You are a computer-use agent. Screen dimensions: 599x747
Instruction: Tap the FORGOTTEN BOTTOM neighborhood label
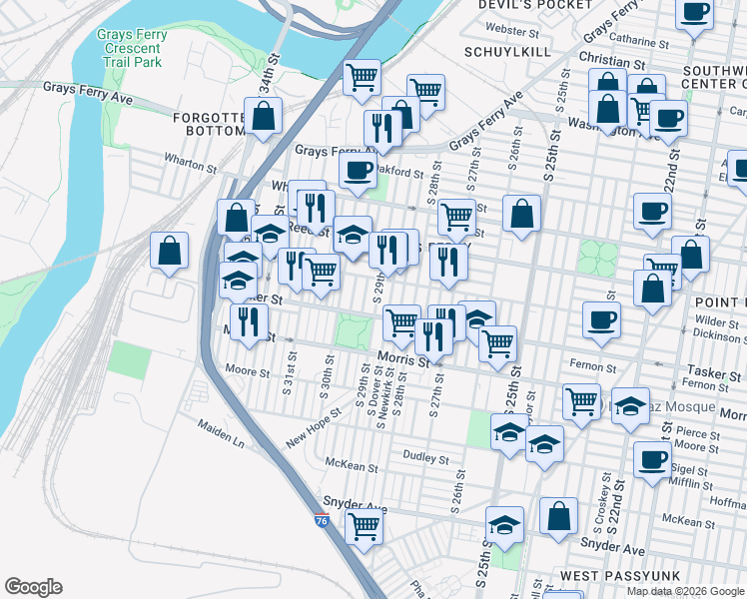coord(209,125)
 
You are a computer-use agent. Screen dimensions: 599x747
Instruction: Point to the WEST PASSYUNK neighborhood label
coord(606,576)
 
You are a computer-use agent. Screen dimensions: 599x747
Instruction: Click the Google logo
coord(33,587)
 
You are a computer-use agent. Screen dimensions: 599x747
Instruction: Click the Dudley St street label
coord(425,459)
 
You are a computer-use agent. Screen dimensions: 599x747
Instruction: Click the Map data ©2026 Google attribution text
coord(684,591)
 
